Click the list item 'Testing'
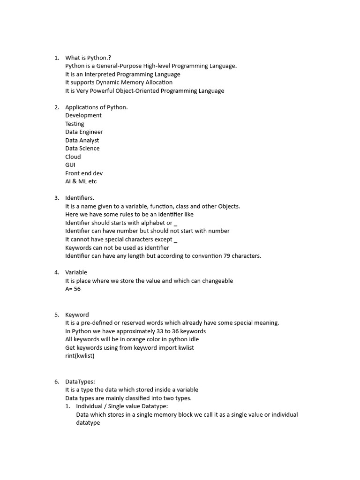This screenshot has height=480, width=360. [75, 124]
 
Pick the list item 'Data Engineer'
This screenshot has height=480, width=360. [84, 132]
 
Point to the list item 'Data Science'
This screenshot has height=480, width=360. [82, 149]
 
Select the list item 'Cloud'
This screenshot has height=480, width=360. [73, 157]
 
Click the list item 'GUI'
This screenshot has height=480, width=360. [70, 165]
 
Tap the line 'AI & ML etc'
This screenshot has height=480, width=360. [81, 181]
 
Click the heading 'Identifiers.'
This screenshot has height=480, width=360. [80, 198]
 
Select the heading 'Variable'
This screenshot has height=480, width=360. [76, 272]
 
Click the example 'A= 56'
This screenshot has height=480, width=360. [73, 289]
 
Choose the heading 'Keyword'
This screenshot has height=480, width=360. [77, 315]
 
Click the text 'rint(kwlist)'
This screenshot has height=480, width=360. [80, 356]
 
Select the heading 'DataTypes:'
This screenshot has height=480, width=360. [80, 382]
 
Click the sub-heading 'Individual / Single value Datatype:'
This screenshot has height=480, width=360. [122, 406]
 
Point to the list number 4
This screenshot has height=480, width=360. [56, 272]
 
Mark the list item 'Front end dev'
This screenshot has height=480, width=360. [84, 173]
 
